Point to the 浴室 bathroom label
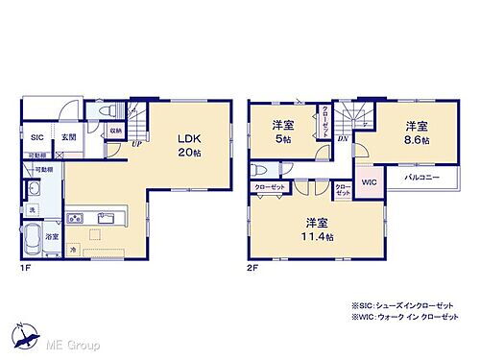[x=55, y=235]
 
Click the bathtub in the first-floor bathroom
[x=31, y=239]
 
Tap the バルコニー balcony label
[x=420, y=178]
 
